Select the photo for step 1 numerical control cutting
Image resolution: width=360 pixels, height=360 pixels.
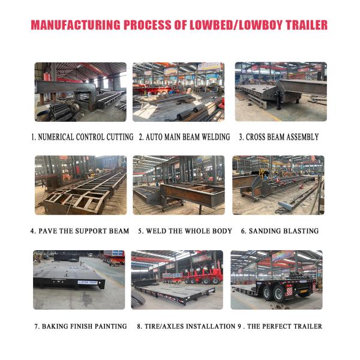pos(80,92)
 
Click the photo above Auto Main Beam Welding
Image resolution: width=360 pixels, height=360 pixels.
pos(178,92)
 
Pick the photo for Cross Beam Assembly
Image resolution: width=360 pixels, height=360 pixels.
pos(280,92)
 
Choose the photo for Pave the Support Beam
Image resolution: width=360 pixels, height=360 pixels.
pos(80,185)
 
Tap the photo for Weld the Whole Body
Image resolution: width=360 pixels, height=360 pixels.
pos(178,185)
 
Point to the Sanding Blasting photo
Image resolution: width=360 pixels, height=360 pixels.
pos(278,185)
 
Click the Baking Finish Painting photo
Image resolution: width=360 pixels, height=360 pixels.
pos(79,280)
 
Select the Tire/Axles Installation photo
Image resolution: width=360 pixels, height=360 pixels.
pos(177,280)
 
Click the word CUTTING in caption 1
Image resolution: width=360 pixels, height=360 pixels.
pos(117,137)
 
